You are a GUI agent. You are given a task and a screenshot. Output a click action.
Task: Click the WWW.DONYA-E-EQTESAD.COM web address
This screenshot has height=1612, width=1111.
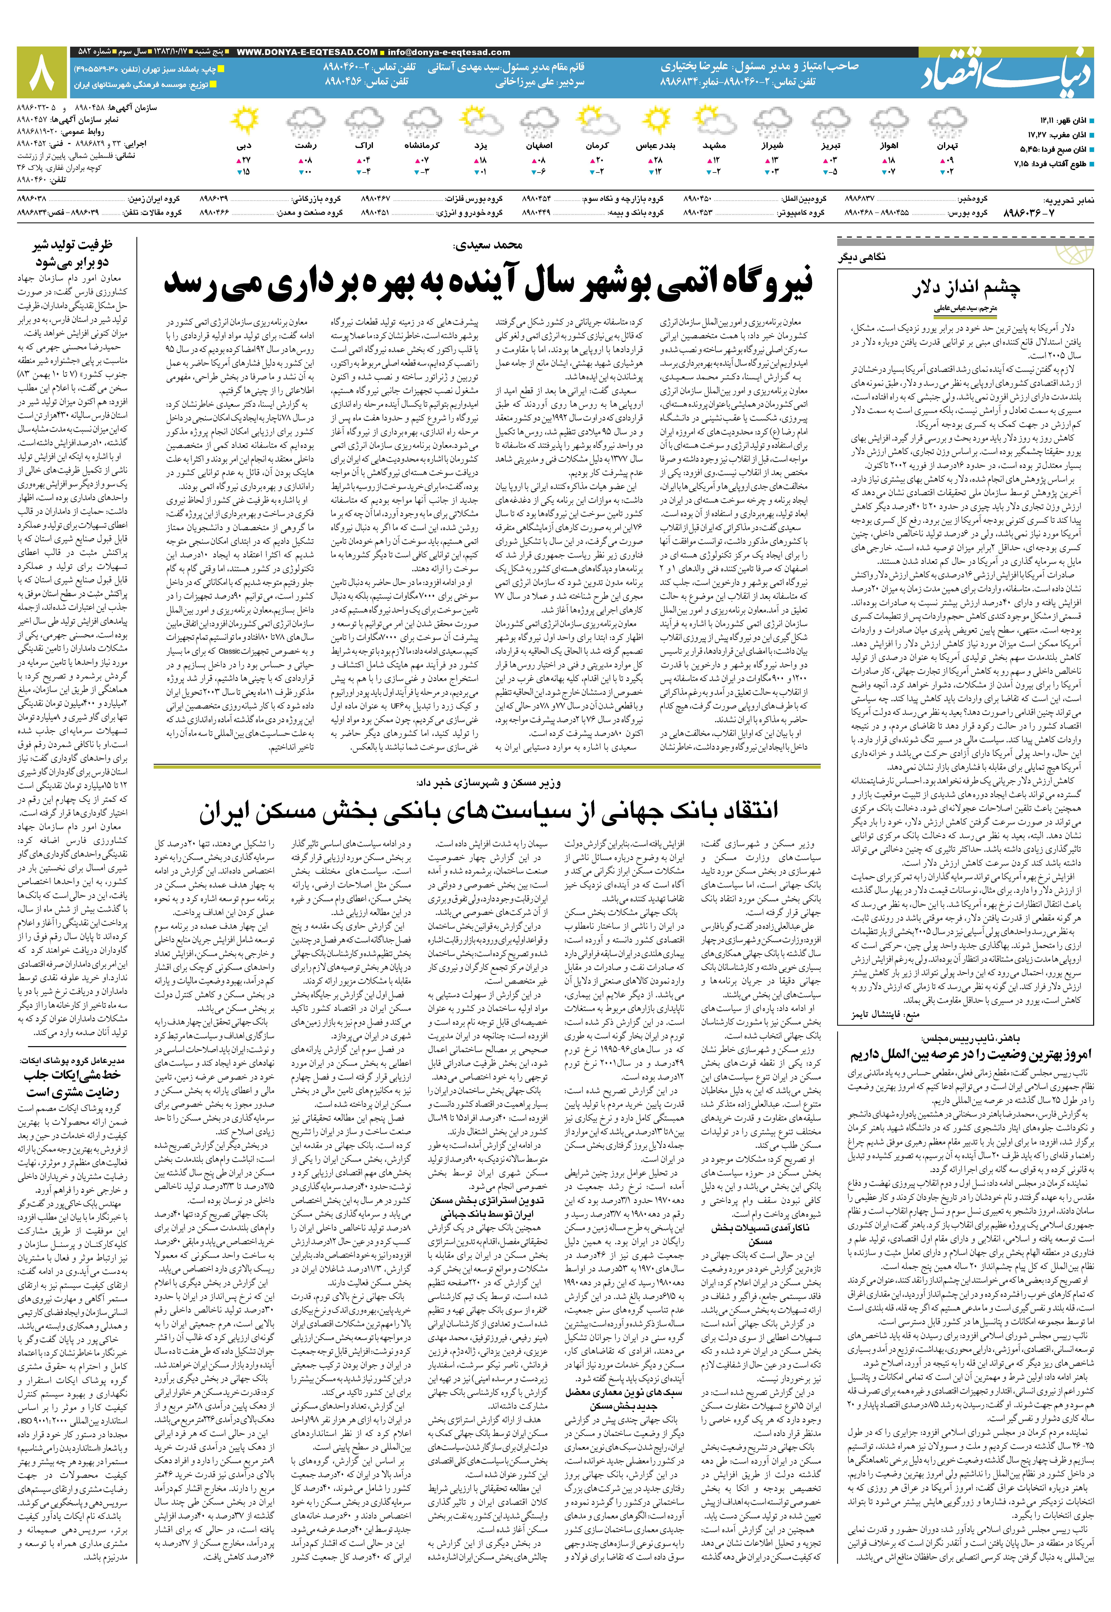coord(307,52)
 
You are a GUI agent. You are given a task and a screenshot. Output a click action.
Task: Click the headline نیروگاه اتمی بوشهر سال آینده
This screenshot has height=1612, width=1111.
coord(487,283)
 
